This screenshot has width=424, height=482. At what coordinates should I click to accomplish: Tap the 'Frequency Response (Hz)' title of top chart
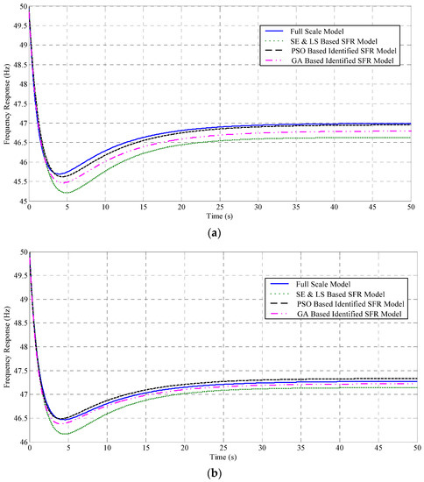coord(8,103)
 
